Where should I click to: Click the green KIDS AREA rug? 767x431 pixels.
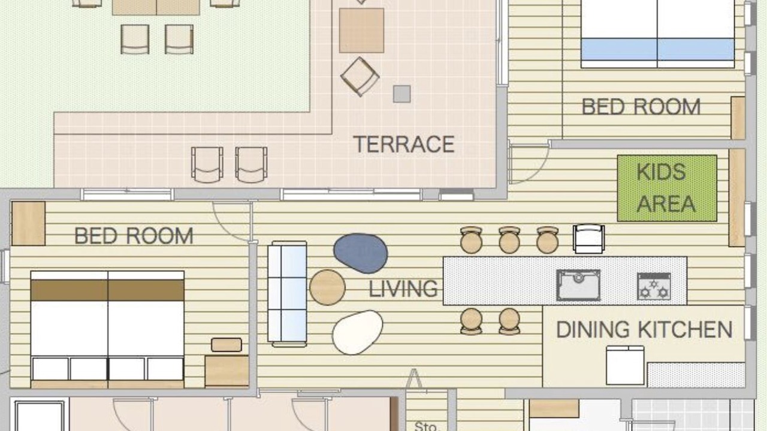pyautogui.click(x=667, y=188)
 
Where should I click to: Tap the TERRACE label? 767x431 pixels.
pyautogui.click(x=404, y=144)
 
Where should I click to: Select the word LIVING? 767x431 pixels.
pyautogui.click(x=403, y=289)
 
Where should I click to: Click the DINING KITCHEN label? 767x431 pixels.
pyautogui.click(x=644, y=329)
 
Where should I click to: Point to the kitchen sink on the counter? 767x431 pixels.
pyautogui.click(x=578, y=286)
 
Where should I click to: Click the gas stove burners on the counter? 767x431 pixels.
pyautogui.click(x=654, y=286)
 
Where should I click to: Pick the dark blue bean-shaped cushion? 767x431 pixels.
pyautogui.click(x=361, y=253)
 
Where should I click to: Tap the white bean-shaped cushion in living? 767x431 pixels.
pyautogui.click(x=358, y=332)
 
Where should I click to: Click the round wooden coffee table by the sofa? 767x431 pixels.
pyautogui.click(x=327, y=287)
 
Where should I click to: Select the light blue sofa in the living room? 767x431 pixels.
pyautogui.click(x=287, y=294)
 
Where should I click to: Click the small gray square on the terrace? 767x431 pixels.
pyautogui.click(x=401, y=94)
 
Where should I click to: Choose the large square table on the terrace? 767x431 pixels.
pyautogui.click(x=361, y=31)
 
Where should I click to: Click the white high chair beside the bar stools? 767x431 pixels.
pyautogui.click(x=588, y=239)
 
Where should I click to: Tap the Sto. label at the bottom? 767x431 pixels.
pyautogui.click(x=426, y=426)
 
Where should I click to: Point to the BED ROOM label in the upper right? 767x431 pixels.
pyautogui.click(x=641, y=107)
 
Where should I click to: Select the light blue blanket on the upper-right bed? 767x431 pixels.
pyautogui.click(x=657, y=49)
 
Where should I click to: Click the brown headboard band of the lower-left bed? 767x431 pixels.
pyautogui.click(x=107, y=290)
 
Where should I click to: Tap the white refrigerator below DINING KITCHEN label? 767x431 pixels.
pyautogui.click(x=625, y=365)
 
